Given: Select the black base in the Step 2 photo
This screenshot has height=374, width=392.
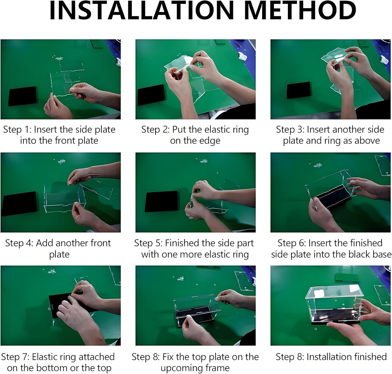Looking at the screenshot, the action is pyautogui.click(x=151, y=95).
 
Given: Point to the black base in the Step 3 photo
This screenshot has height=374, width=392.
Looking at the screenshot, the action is pyautogui.click(x=299, y=90).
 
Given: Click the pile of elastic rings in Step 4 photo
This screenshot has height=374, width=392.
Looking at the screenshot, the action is pyautogui.click(x=61, y=161).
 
